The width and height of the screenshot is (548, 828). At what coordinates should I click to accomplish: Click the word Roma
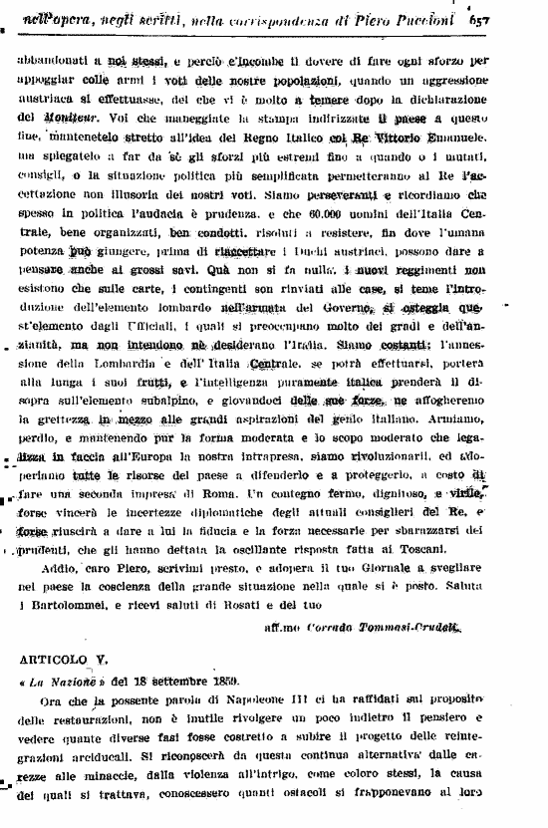(218, 493)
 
